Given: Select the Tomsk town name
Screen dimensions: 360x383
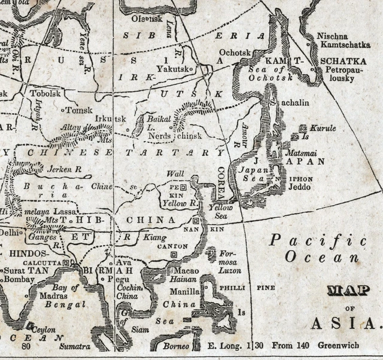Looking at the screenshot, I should [80, 110].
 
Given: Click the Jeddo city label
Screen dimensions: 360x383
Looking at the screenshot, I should [302, 187].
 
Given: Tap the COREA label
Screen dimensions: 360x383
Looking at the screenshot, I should [221, 179].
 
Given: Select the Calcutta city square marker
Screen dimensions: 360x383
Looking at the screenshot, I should [66, 263].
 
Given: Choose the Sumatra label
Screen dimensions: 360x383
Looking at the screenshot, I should [74, 346].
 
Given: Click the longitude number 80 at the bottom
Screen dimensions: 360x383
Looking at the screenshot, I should [26, 346].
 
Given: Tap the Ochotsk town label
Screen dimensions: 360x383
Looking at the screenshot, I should [235, 53].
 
